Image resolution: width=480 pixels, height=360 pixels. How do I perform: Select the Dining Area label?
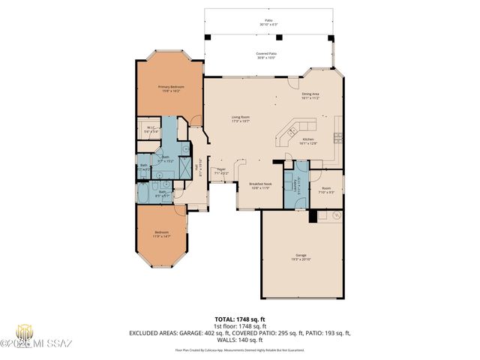pos(310,95)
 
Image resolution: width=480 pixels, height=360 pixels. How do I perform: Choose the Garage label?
pos(301,256)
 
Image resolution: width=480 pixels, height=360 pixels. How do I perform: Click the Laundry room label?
pos(298,185)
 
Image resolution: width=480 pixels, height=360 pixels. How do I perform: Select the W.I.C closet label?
pos(150,129)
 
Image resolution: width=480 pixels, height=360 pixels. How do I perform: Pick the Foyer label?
pos(221,171)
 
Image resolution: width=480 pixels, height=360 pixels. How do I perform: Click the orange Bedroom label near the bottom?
pos(161,235)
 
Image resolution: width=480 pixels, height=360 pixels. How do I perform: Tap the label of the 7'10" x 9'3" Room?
pos(326,190)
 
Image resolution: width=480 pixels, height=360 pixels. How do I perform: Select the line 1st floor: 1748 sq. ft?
pos(240,326)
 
